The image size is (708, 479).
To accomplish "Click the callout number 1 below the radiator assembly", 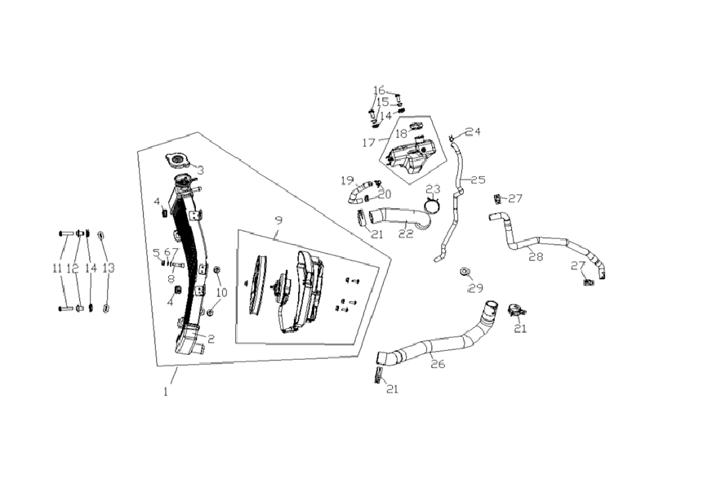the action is click(x=166, y=392).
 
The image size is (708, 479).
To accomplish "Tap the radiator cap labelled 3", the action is click(x=179, y=160).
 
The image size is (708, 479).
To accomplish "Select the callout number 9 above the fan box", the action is click(x=278, y=220).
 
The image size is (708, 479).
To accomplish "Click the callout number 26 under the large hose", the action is click(x=438, y=363).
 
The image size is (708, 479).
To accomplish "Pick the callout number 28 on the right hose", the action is click(x=536, y=257).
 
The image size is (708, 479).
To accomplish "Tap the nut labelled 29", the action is click(x=465, y=271).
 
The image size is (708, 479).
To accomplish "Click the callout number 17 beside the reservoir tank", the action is click(x=368, y=143).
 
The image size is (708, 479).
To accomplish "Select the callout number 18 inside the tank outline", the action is click(x=401, y=134).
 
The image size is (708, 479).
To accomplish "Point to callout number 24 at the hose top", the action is click(x=473, y=131).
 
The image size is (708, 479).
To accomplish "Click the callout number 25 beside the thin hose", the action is click(x=478, y=180).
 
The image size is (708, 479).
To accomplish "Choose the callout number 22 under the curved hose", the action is click(x=406, y=233).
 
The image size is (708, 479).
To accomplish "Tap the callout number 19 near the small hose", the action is click(x=347, y=181).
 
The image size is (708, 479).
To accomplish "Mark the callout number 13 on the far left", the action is click(x=108, y=268).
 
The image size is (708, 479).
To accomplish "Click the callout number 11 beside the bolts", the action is click(x=57, y=268).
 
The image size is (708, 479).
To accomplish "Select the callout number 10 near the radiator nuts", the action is click(x=221, y=292).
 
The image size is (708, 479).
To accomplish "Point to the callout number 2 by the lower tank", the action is click(x=211, y=339).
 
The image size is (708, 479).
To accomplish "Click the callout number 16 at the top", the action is click(x=379, y=91).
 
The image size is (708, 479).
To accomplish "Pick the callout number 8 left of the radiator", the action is click(x=171, y=279).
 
